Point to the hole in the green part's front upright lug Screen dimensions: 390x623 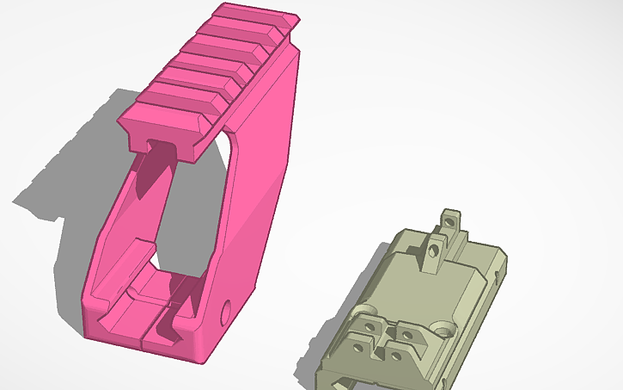tap(435, 249)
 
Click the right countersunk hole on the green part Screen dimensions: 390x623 tap(445, 328)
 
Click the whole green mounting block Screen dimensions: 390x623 tap(412, 301)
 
